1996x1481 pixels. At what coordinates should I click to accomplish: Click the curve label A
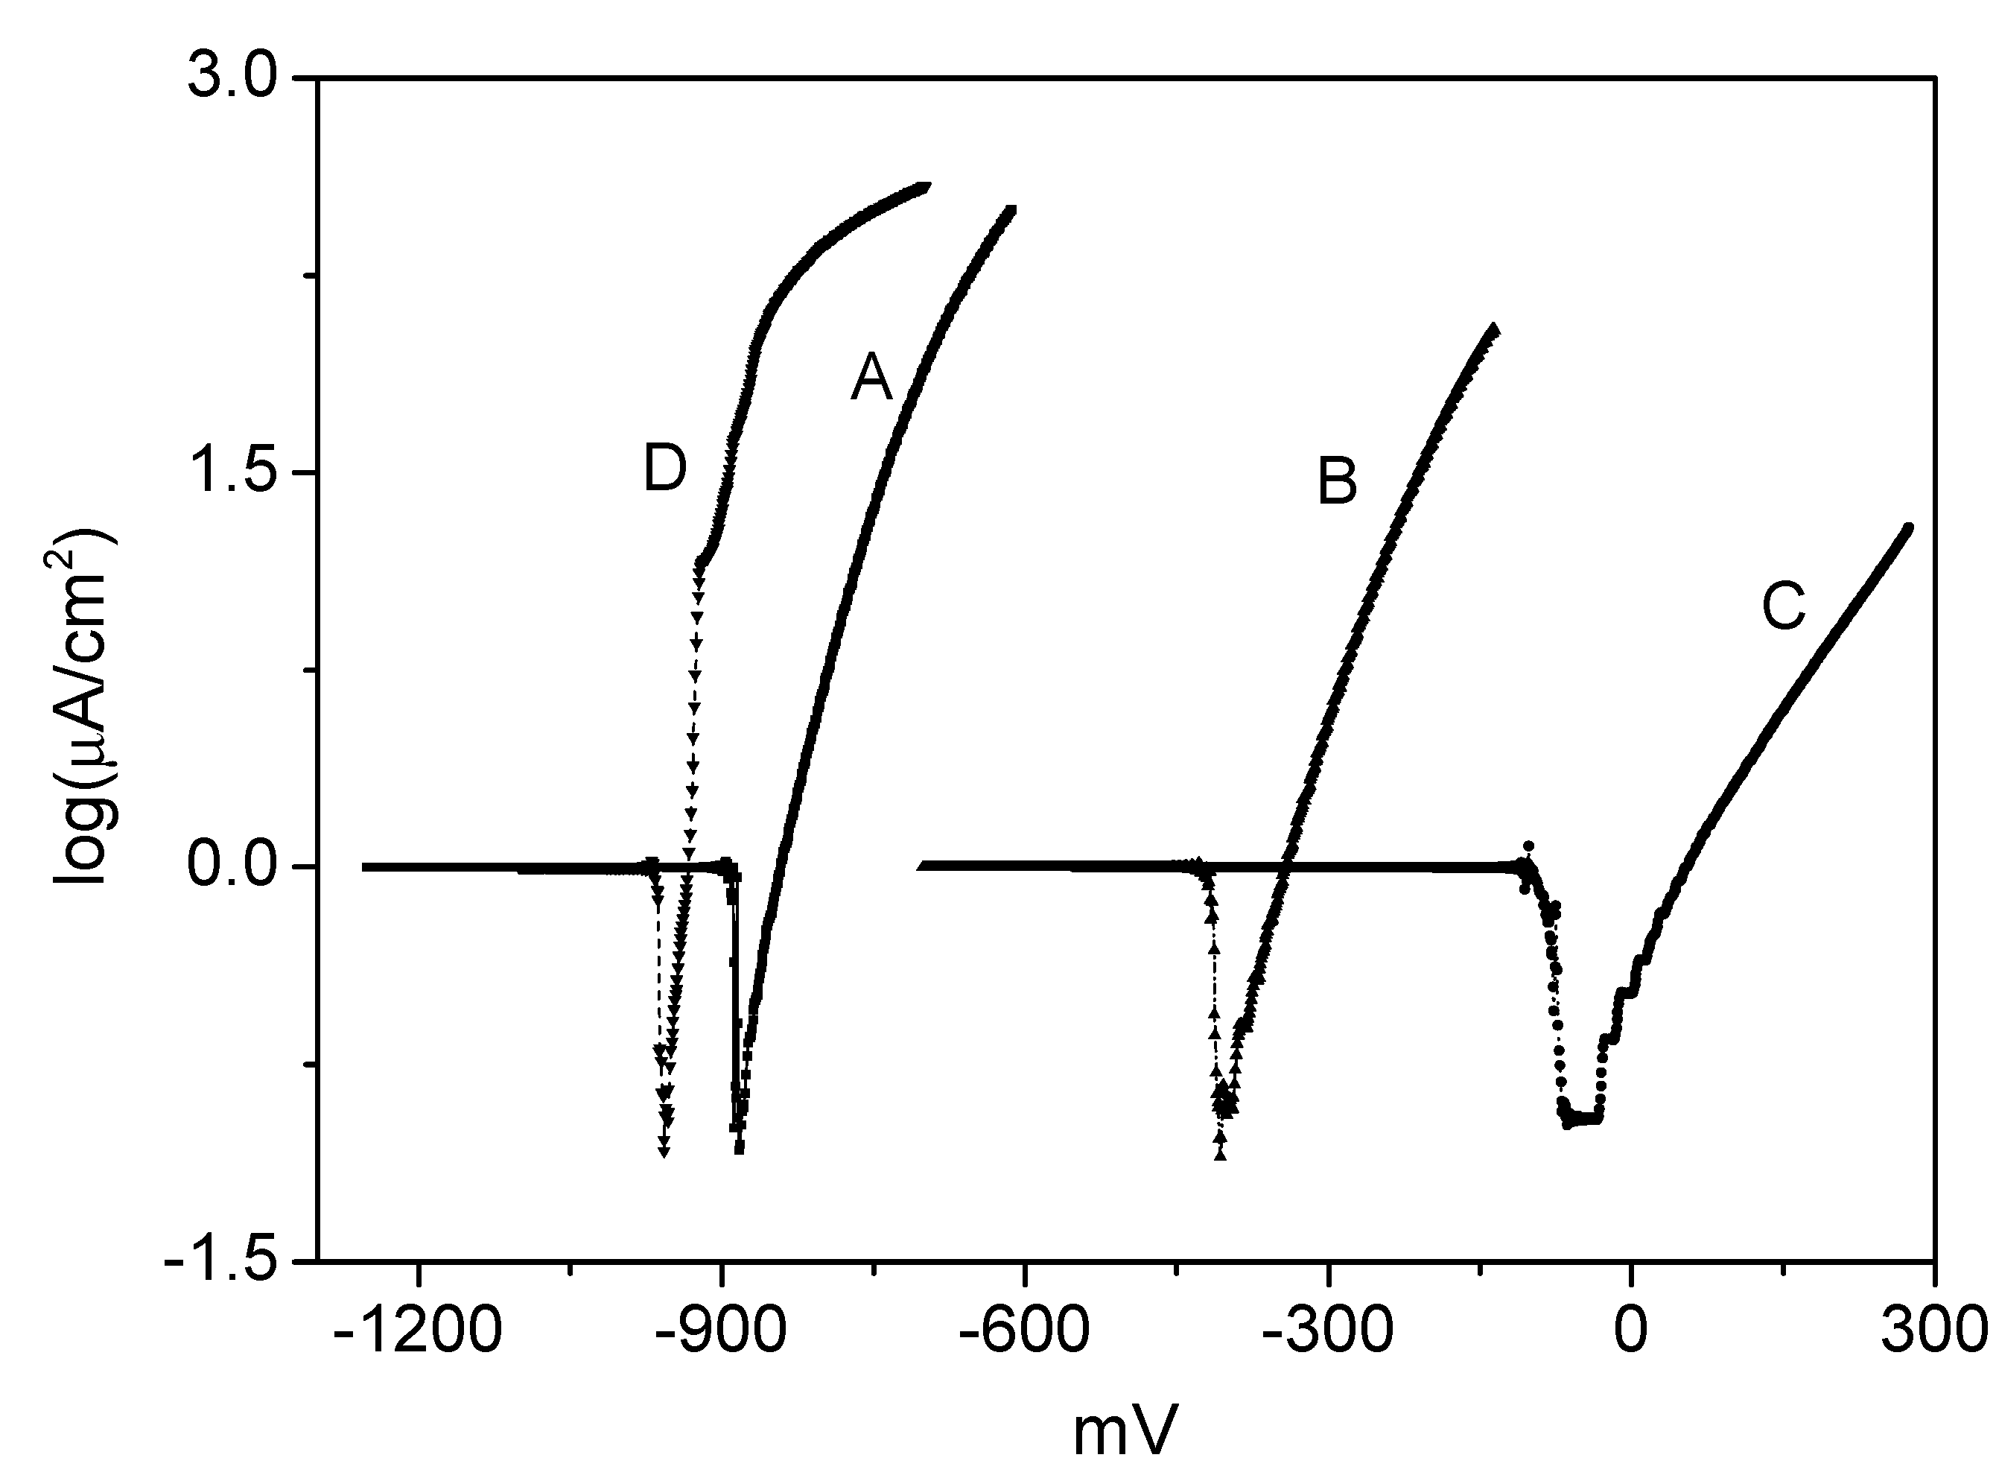(x=871, y=378)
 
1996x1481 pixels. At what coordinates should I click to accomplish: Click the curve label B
(x=1336, y=481)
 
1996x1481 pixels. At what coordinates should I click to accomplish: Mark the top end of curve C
(x=1908, y=527)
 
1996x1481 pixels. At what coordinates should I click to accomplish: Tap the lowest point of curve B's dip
(x=1220, y=1155)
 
